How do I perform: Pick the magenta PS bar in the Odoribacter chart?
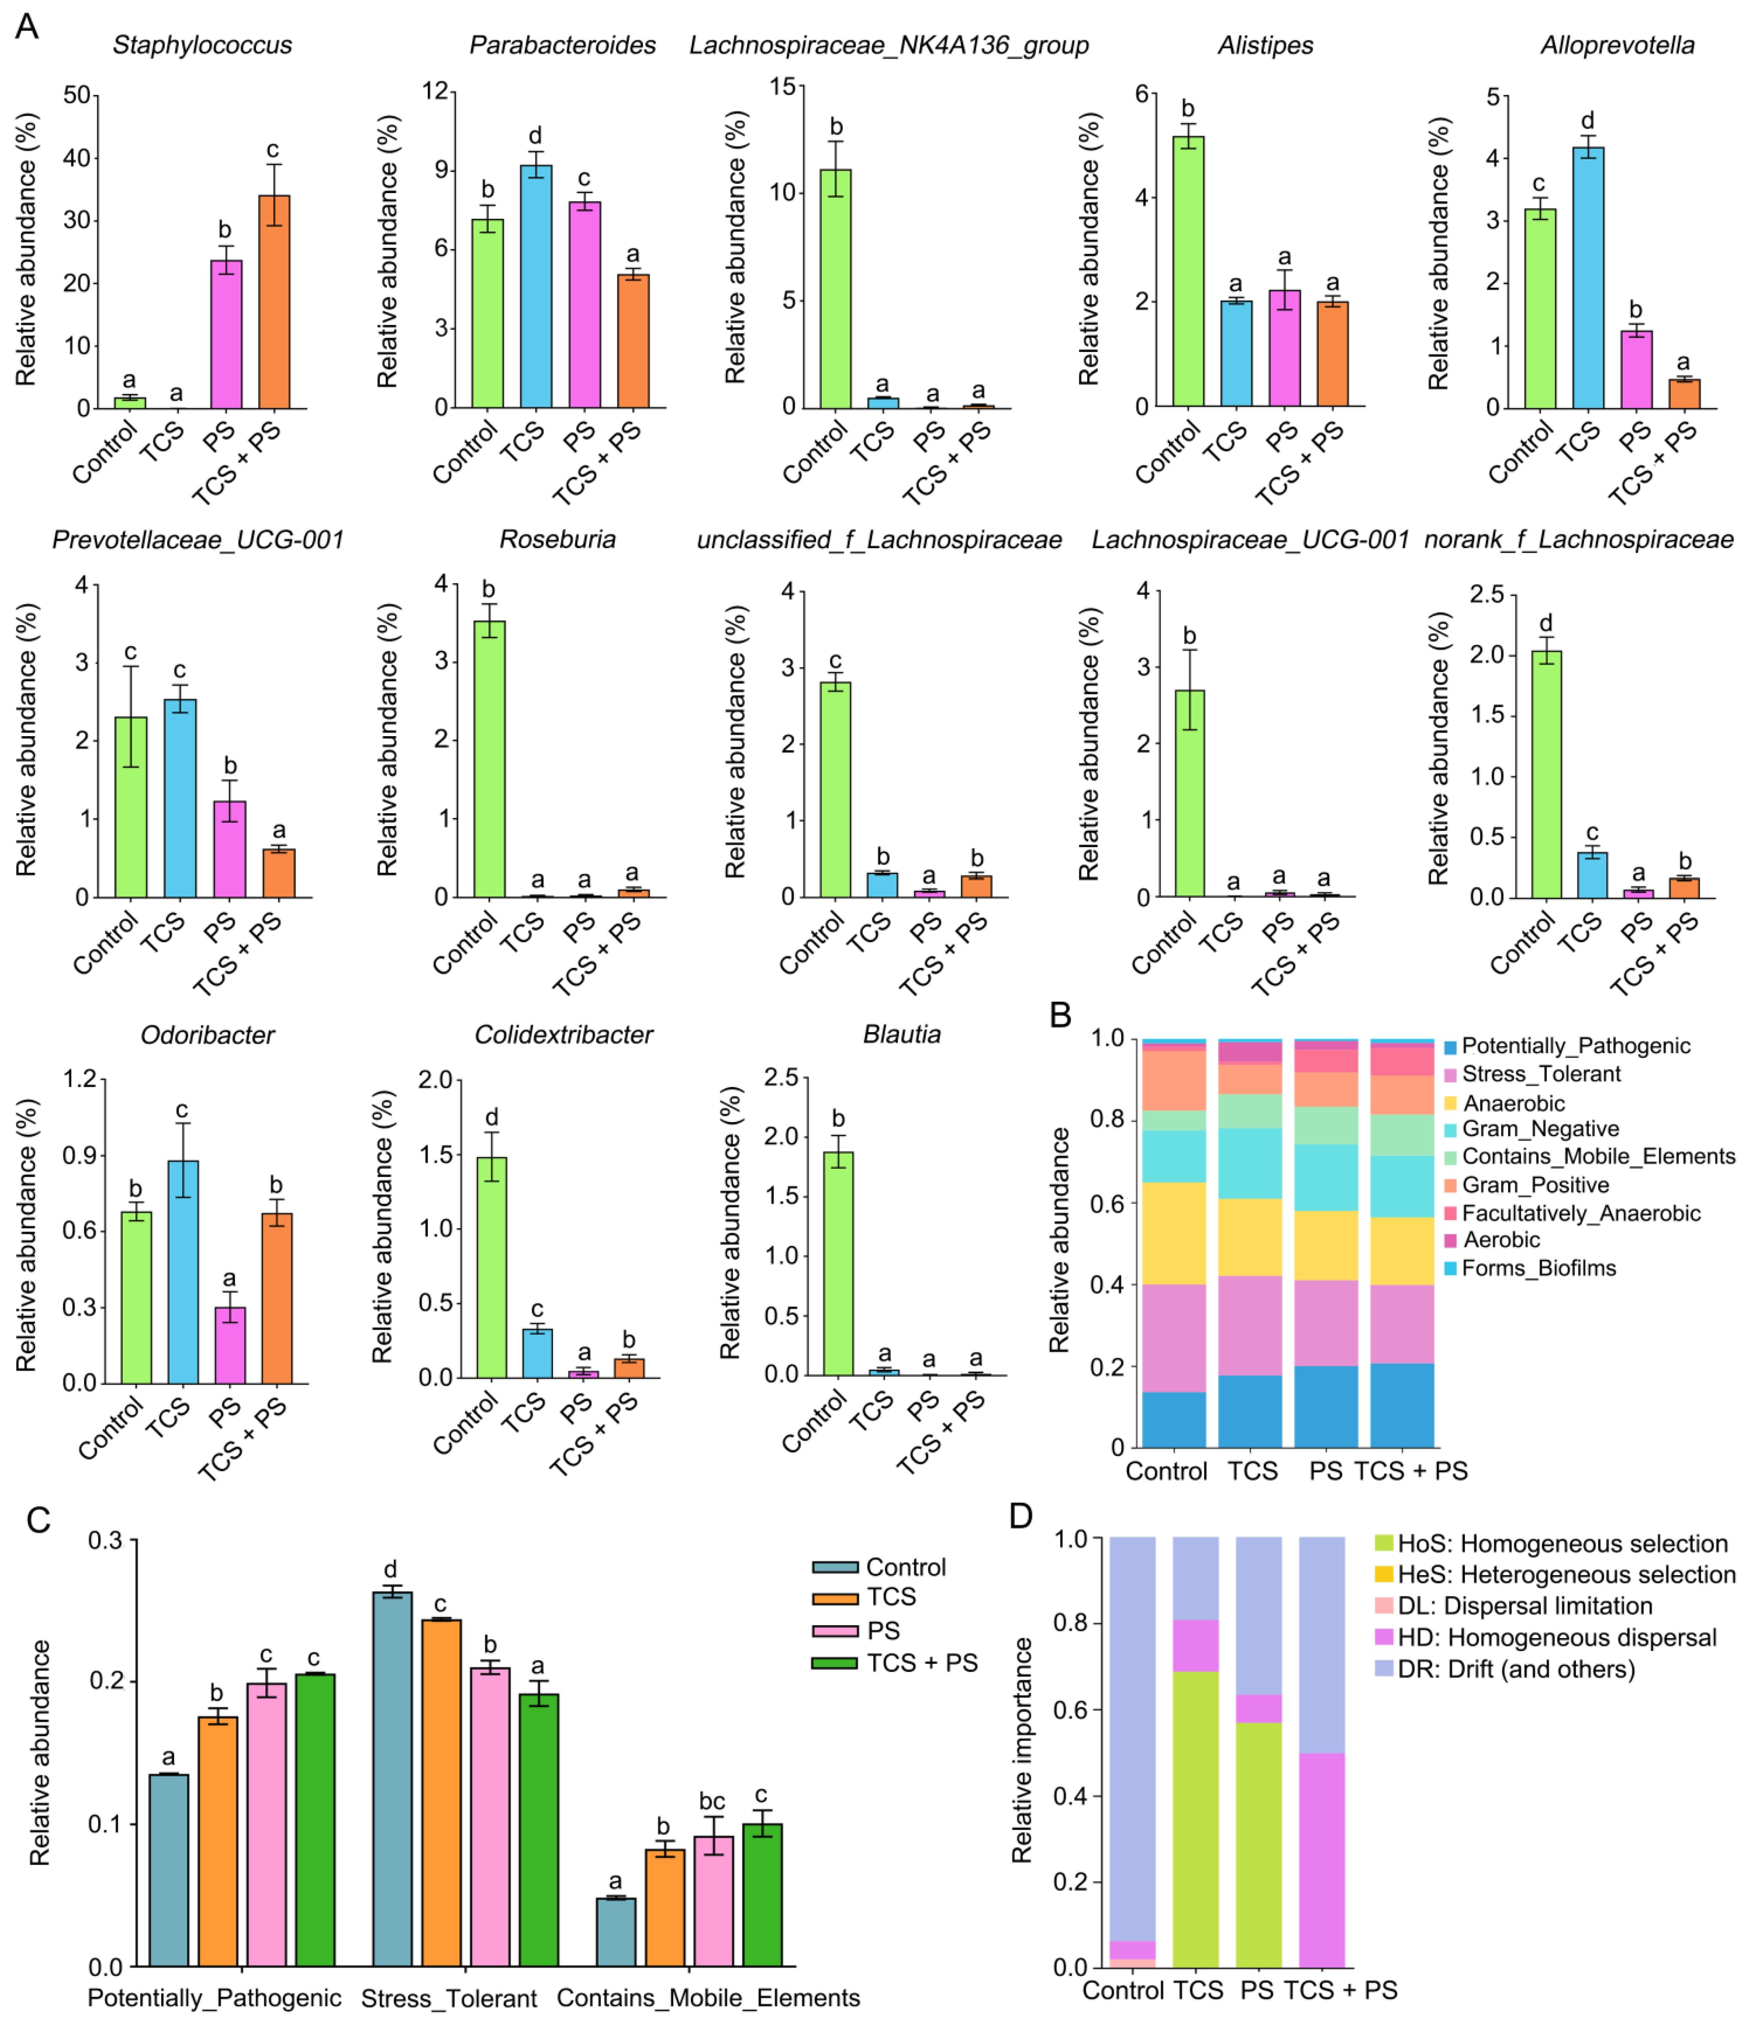tap(230, 1345)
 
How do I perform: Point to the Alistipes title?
tap(1265, 45)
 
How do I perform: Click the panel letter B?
tap(1061, 1015)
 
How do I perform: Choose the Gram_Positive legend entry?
tap(1534, 1185)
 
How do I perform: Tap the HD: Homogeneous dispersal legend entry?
tap(1555, 1638)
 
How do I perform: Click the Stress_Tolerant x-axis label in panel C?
tap(449, 1998)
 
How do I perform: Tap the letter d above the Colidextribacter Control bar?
tap(492, 1118)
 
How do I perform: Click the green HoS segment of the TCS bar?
tap(1196, 1819)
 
